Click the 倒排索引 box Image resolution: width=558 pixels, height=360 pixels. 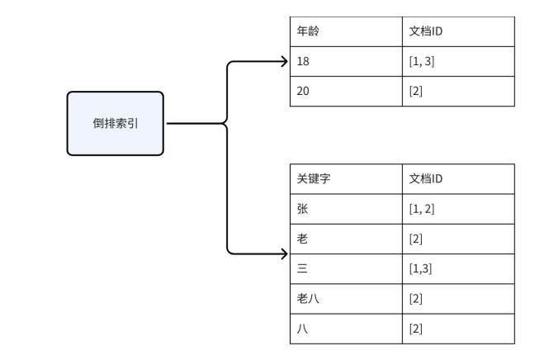pos(116,123)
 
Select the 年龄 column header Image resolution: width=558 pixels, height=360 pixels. pos(345,31)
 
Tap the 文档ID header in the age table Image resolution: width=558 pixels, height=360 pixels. pos(458,31)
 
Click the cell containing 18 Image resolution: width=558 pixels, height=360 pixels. pos(345,61)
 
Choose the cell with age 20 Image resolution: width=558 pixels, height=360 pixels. pos(345,91)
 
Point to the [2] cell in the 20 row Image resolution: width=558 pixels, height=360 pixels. pos(458,91)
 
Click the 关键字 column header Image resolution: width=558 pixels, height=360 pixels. pos(345,179)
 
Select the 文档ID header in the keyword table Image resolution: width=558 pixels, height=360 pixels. pos(458,179)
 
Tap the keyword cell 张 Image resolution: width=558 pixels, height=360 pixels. pos(345,209)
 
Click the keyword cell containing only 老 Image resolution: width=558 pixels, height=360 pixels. pos(345,239)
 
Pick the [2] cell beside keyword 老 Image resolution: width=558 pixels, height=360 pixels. pos(458,239)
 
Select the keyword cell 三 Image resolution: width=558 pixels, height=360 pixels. pos(345,268)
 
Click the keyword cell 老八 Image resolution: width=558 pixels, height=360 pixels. pos(345,298)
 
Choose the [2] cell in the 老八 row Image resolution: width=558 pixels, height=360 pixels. pos(458,298)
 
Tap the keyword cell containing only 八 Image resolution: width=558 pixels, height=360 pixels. pos(345,328)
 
